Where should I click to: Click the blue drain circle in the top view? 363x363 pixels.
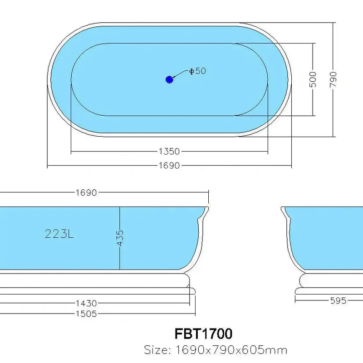click(169, 79)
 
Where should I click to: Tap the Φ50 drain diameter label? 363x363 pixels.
click(197, 71)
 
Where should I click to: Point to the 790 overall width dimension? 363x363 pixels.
click(333, 79)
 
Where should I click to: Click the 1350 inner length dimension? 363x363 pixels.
click(169, 151)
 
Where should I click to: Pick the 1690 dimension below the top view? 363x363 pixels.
click(169, 166)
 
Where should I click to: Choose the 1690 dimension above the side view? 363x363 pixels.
click(86, 192)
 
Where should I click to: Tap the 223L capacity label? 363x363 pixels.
click(59, 234)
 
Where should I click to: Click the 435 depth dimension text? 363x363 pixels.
click(120, 238)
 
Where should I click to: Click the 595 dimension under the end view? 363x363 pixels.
click(338, 300)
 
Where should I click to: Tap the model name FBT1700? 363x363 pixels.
click(203, 334)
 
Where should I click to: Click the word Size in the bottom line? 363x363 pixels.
click(156, 350)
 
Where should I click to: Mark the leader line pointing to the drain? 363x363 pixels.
click(180, 74)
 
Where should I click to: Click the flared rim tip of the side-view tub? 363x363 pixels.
click(206, 209)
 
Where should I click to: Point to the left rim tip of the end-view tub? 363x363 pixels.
click(283, 209)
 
